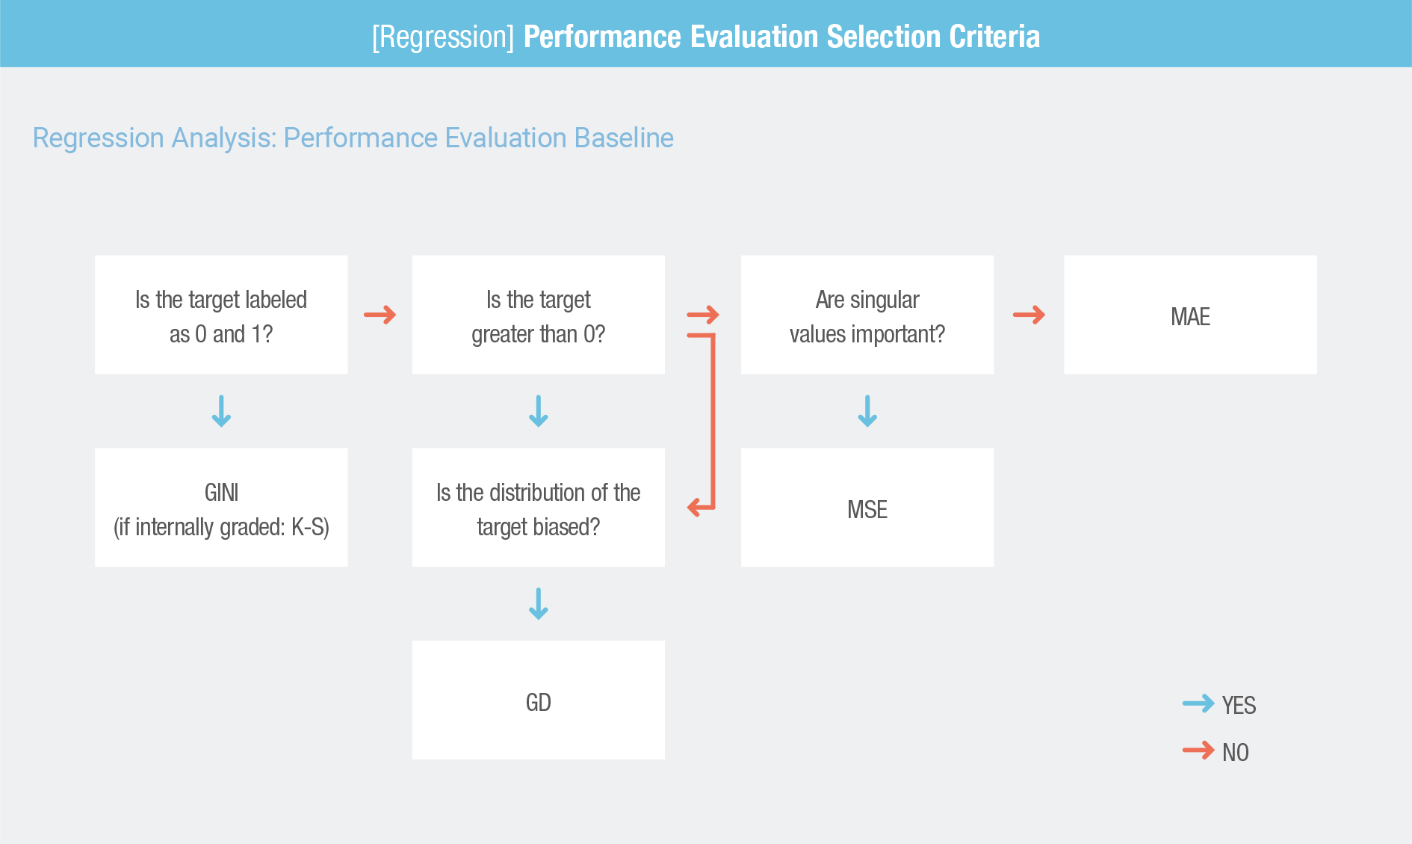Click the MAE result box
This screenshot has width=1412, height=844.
coord(1190,315)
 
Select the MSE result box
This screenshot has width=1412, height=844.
coord(867,508)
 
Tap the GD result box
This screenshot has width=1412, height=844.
coord(538,700)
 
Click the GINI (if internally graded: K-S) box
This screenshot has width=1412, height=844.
coord(221,508)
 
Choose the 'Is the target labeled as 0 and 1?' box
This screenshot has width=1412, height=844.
coord(221,315)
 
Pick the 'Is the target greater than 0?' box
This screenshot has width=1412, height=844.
coord(538,315)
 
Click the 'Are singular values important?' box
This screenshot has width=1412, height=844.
coord(867,315)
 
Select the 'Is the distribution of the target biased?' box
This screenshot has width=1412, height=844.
coord(538,508)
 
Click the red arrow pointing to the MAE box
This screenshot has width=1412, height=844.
coord(1029,315)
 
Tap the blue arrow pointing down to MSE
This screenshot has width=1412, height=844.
coord(867,411)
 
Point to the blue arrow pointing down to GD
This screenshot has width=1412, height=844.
coord(538,604)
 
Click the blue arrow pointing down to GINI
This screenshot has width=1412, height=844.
coord(221,411)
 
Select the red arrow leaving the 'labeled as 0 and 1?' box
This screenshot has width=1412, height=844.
coord(380,315)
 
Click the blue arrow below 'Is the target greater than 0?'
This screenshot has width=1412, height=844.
coord(538,411)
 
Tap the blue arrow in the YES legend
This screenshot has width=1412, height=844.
coord(1198,703)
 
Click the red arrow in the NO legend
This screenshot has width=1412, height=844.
coord(1198,750)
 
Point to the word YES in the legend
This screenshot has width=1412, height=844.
coord(1239,705)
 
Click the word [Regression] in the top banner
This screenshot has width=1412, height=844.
coord(443,37)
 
